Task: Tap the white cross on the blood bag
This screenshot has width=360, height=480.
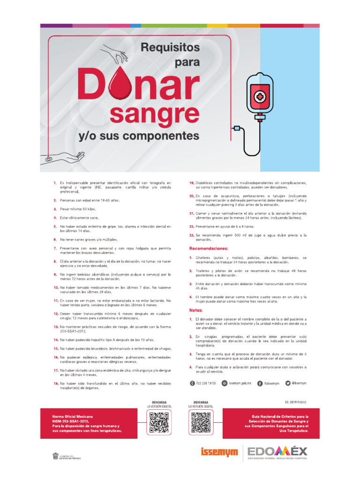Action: pyautogui.click(x=259, y=97)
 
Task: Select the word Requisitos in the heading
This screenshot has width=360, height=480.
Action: pyautogui.click(x=170, y=47)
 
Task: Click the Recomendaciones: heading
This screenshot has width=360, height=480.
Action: pyautogui.click(x=209, y=248)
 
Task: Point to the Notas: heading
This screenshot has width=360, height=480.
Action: pyautogui.click(x=196, y=310)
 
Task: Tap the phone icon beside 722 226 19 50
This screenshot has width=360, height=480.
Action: pyautogui.click(x=192, y=383)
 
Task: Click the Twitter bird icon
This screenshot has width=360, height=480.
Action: pyautogui.click(x=288, y=383)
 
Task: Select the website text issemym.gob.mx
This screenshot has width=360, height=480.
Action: pyautogui.click(x=240, y=383)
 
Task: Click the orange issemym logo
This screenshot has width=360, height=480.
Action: pyautogui.click(x=219, y=452)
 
